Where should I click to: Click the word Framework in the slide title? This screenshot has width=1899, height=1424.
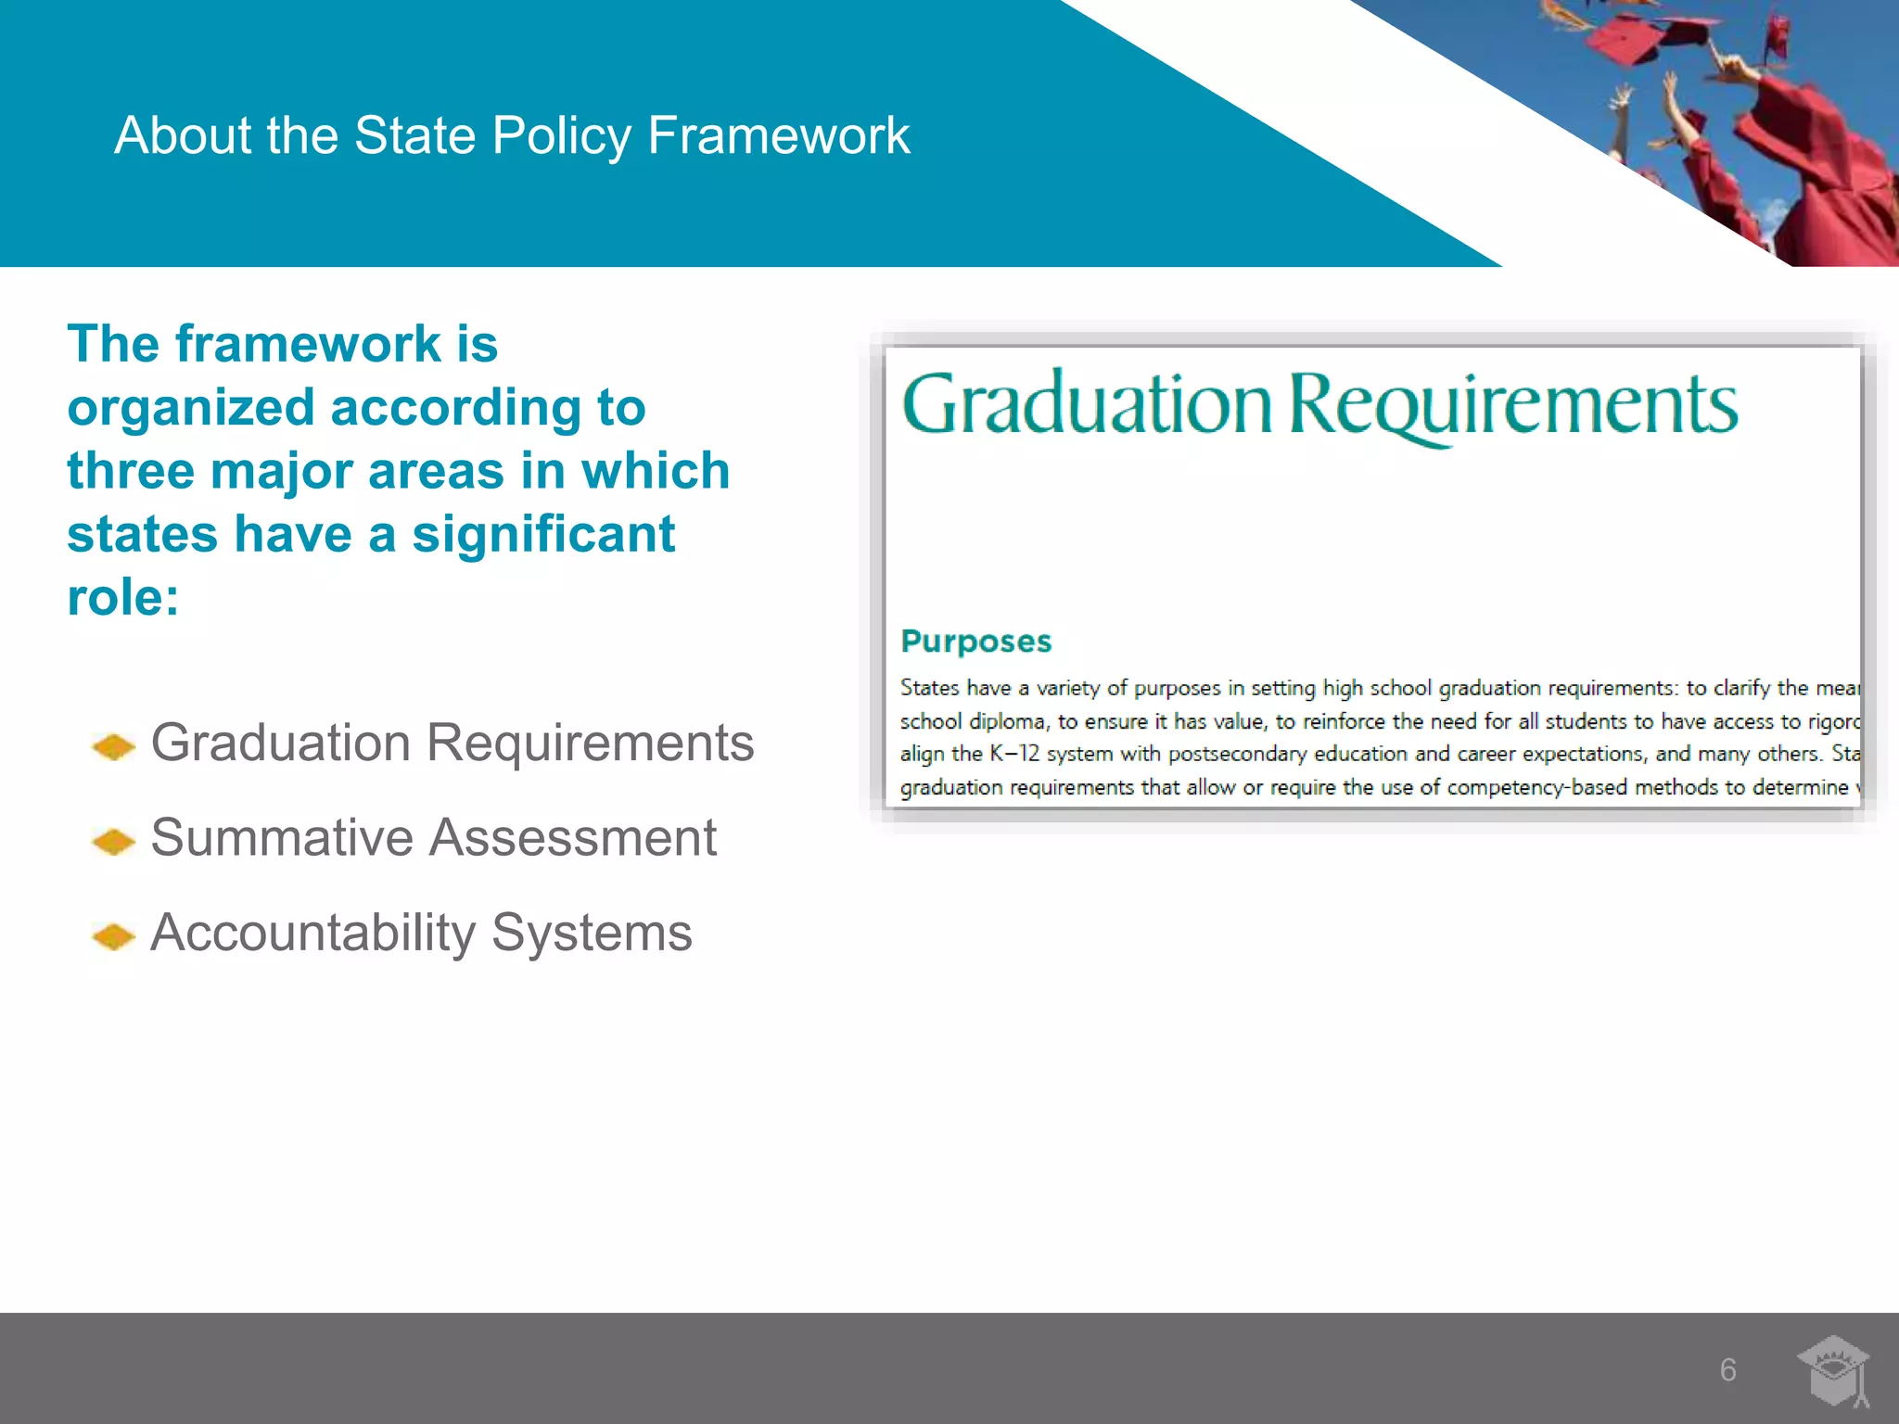(x=779, y=135)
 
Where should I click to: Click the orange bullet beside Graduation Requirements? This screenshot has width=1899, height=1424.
(x=114, y=746)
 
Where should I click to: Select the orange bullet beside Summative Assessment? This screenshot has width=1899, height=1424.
(x=114, y=841)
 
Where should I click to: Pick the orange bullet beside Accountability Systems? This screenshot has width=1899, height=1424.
(x=114, y=936)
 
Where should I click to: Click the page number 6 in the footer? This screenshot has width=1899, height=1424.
(x=1728, y=1370)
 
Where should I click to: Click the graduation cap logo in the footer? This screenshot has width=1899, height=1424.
(x=1833, y=1370)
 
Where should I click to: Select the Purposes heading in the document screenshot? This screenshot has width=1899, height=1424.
(x=975, y=642)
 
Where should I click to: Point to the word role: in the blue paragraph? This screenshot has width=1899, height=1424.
(x=123, y=597)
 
